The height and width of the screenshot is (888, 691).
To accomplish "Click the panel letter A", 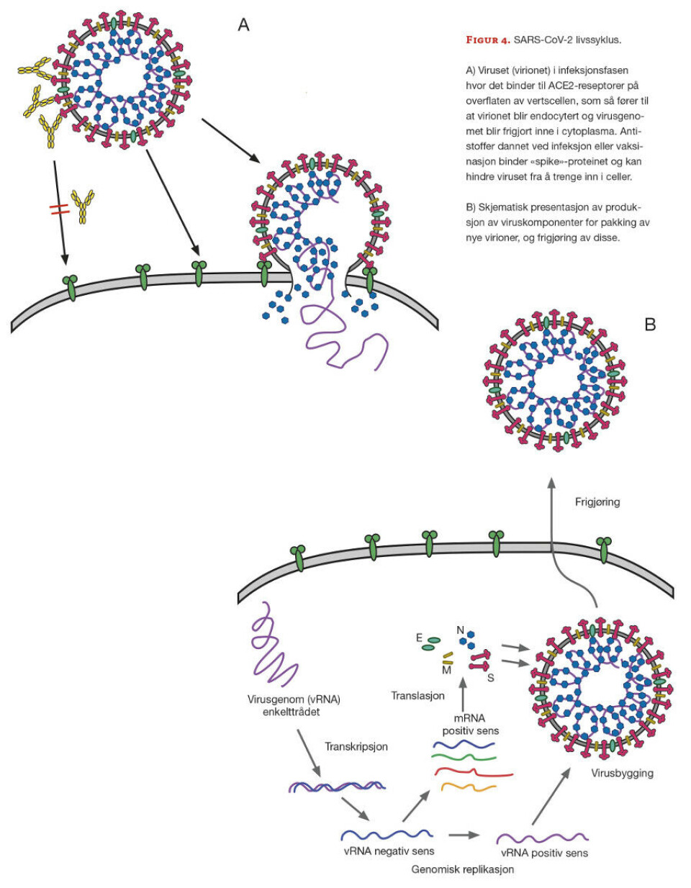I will click(243, 25).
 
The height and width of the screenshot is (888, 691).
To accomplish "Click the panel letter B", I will click(650, 325).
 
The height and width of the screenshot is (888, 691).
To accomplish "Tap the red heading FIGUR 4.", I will click(487, 40).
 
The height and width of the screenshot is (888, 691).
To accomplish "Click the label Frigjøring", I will click(597, 502).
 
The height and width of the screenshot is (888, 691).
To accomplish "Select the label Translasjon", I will click(417, 696).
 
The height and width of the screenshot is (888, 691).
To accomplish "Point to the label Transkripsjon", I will click(356, 746).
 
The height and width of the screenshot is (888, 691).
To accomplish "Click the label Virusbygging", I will click(622, 773).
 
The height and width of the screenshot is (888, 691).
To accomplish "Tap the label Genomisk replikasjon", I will click(462, 869).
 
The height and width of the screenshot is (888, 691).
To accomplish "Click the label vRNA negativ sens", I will click(389, 851).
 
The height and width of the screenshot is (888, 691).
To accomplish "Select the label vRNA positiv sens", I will click(544, 853).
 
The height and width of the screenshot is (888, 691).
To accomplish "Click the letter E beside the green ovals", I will click(419, 638).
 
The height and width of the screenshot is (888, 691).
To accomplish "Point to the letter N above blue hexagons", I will click(461, 630).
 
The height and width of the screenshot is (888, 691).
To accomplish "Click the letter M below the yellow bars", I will click(446, 670).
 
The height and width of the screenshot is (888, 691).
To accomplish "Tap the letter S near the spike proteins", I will click(490, 677).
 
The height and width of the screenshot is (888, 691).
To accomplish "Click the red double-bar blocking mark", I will click(59, 209).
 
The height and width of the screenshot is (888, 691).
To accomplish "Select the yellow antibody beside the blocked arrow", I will click(83, 206).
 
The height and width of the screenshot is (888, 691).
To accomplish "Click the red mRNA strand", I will click(473, 773).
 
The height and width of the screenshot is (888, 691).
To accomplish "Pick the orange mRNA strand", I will click(468, 787).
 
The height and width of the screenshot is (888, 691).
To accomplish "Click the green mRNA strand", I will click(464, 757).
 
